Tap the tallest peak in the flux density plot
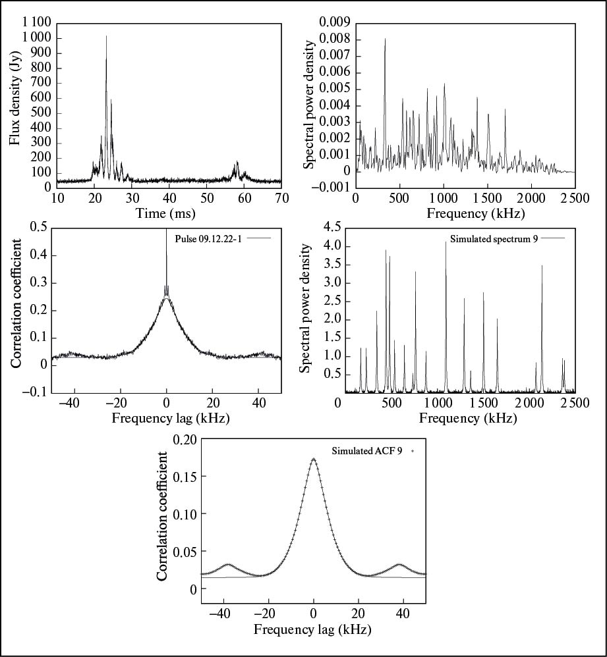tap(106, 37)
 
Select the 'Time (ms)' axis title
tap(165, 213)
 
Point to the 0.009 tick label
tap(335, 23)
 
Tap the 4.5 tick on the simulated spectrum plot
tap(328, 228)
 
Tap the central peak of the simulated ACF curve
tap(314, 459)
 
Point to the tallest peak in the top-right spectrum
tap(385, 39)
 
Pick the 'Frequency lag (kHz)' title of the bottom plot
tap(312, 629)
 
